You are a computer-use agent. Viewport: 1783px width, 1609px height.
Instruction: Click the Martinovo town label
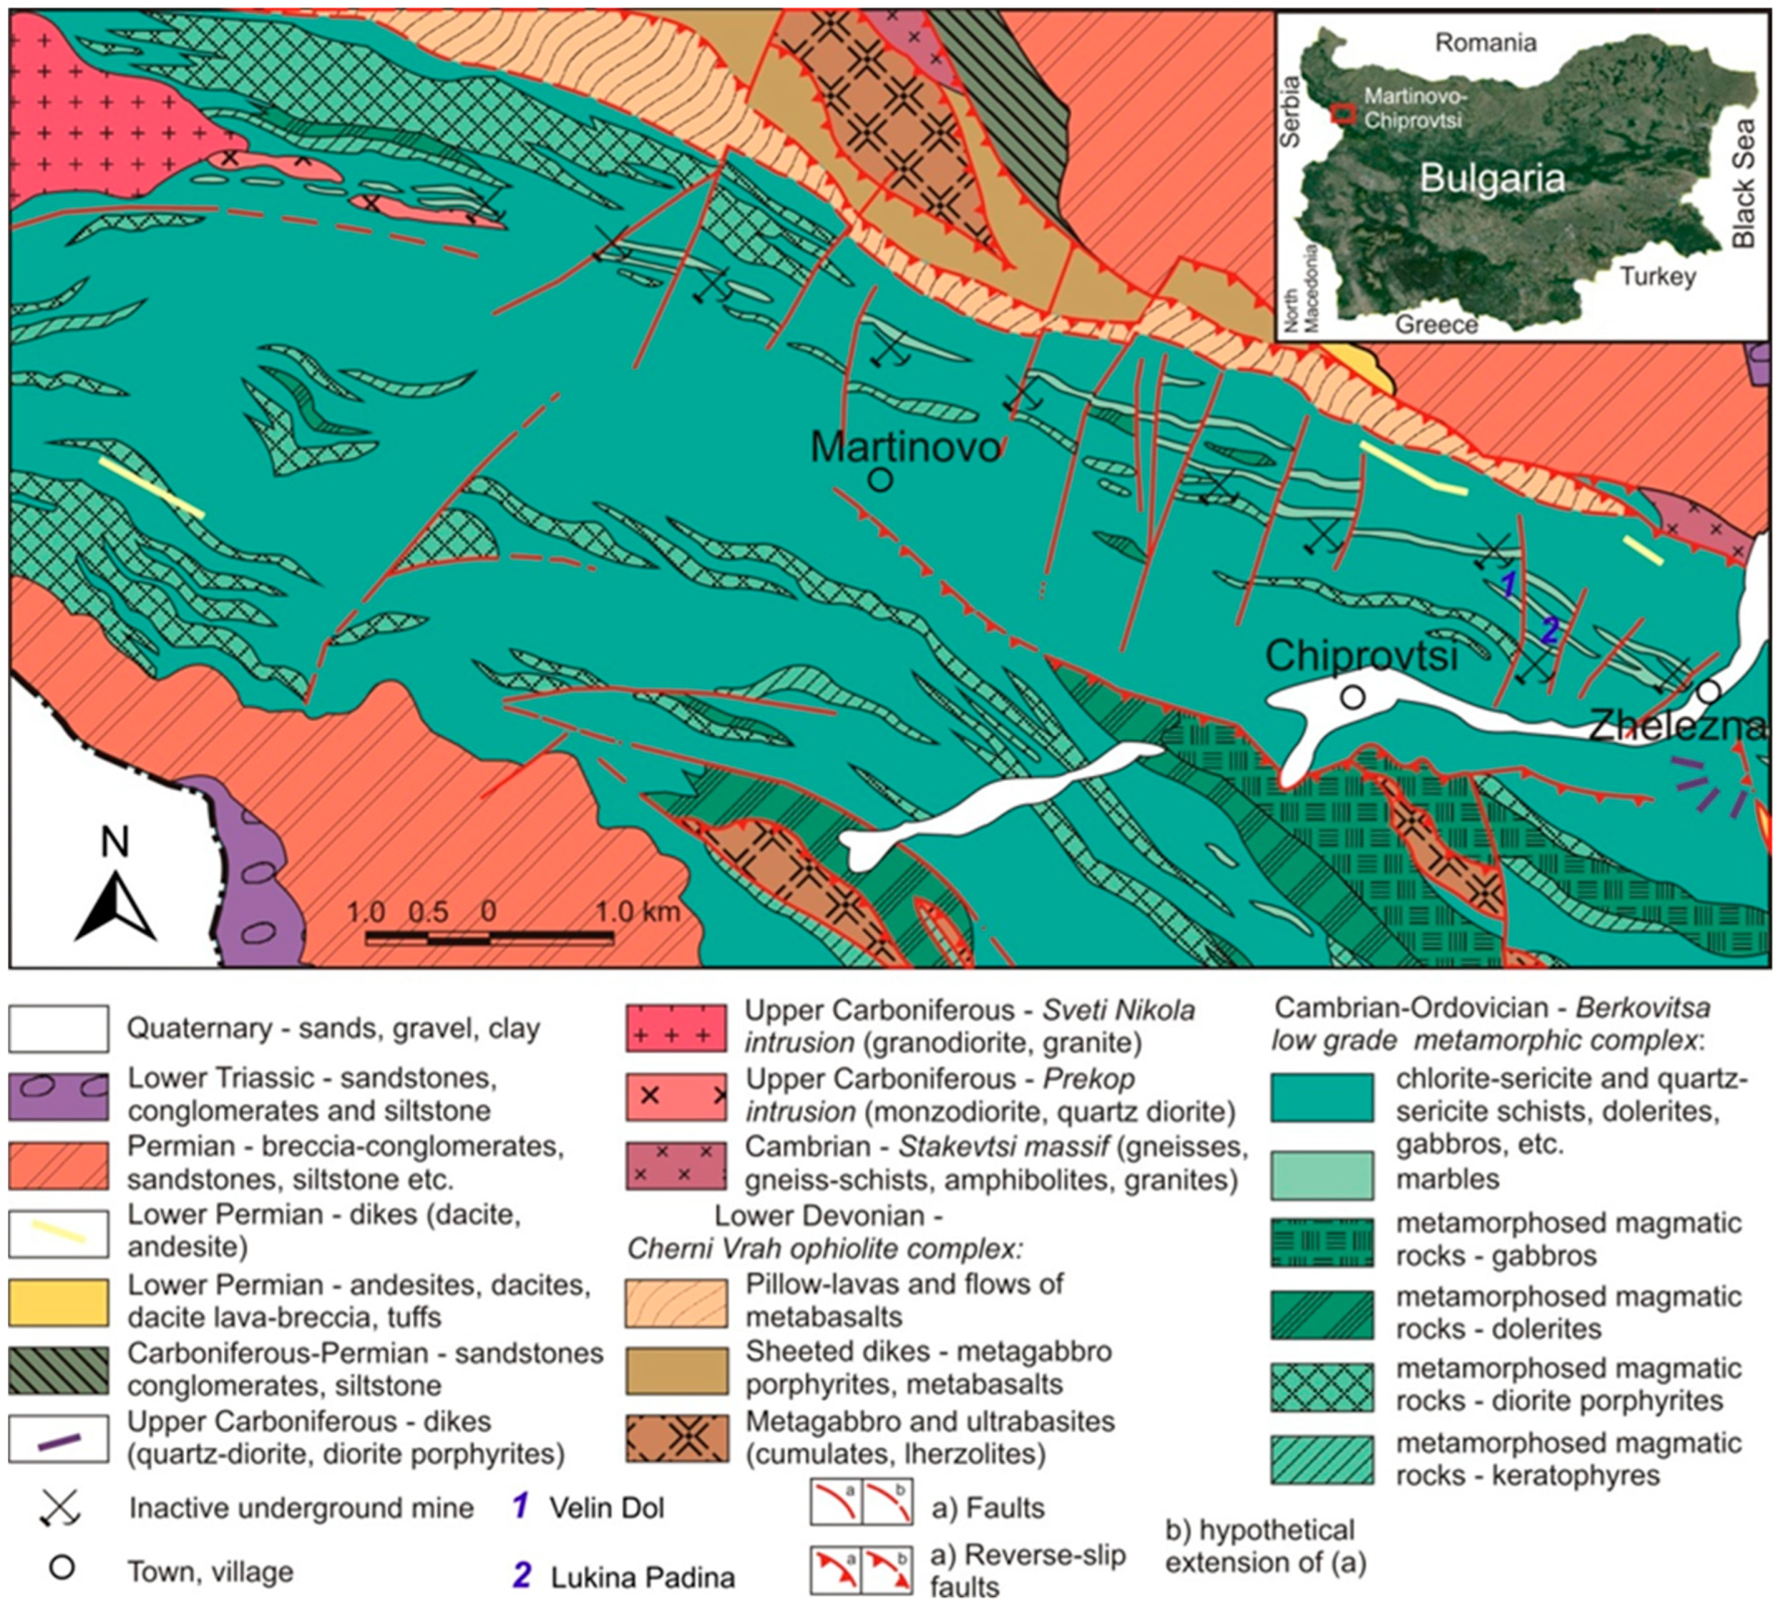click(x=905, y=448)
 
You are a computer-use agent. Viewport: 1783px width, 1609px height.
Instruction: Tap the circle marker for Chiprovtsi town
click(x=1352, y=697)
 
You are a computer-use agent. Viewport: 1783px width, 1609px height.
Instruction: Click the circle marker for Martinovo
click(x=880, y=480)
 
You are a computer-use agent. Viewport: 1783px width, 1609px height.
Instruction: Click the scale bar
click(x=489, y=937)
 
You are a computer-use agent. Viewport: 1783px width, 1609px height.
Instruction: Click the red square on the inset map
click(x=1344, y=114)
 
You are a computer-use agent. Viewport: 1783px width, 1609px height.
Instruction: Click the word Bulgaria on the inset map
click(x=1492, y=179)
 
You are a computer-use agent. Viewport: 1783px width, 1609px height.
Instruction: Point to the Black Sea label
click(x=1743, y=184)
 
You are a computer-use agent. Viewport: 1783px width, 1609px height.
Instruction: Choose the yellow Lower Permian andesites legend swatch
click(x=58, y=1302)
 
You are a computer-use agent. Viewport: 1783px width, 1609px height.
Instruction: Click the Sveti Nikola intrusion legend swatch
click(x=676, y=1028)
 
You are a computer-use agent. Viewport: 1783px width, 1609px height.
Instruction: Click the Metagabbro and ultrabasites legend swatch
click(x=677, y=1439)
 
